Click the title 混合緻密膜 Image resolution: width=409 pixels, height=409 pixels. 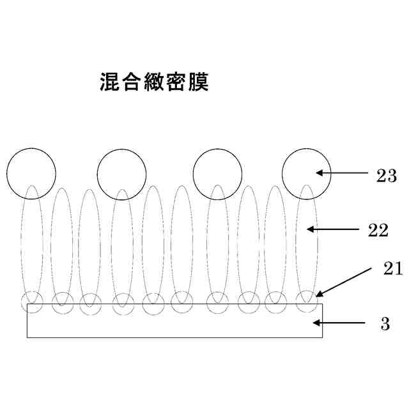click(155, 82)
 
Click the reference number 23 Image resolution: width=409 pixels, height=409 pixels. click(386, 176)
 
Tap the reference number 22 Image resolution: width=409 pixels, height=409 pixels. click(378, 230)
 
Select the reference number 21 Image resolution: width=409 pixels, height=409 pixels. click(392, 268)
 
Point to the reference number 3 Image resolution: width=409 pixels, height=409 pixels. click(385, 324)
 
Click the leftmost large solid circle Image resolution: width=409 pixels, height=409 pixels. click(31, 173)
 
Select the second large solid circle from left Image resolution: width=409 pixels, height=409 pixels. click(121, 173)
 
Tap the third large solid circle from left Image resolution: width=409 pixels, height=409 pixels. click(218, 173)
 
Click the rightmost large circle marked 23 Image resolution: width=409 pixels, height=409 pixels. click(307, 173)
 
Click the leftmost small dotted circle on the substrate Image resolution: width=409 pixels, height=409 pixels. click(33, 302)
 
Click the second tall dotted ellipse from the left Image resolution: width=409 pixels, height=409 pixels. click(61, 246)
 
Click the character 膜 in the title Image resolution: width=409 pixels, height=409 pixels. click(199, 82)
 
